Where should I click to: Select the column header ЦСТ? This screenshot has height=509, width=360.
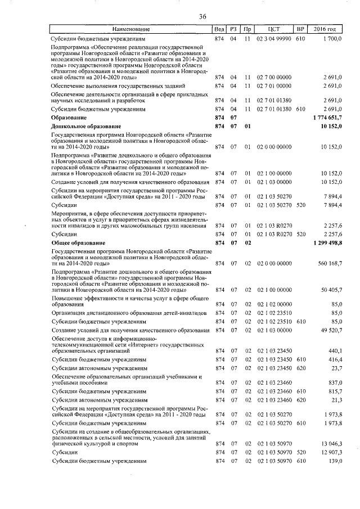pyautogui.click(x=274, y=29)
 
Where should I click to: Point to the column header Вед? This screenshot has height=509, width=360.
pyautogui.click(x=220, y=29)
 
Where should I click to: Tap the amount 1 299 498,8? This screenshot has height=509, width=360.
pyautogui.click(x=326, y=242)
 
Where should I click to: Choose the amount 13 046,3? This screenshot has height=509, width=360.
pyautogui.click(x=331, y=444)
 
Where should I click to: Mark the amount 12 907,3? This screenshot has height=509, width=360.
pyautogui.click(x=331, y=452)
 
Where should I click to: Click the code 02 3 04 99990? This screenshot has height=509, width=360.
pyautogui.click(x=274, y=39)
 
